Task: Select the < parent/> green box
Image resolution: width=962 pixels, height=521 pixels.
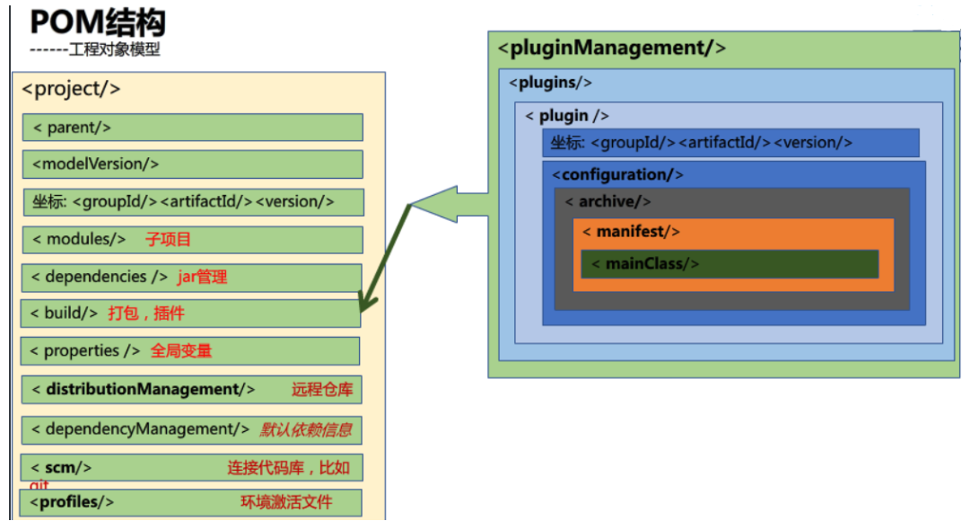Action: coord(192,128)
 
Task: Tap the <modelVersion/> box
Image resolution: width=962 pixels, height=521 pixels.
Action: coord(192,164)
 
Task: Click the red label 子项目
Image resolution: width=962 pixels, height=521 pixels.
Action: coord(169,239)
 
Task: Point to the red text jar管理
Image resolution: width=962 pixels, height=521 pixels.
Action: coord(202,278)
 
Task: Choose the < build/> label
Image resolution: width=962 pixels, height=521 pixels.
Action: coord(64,313)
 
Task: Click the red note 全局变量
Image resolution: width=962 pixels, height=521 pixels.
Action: coord(181,350)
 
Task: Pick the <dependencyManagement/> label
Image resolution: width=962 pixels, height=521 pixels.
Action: coord(140,429)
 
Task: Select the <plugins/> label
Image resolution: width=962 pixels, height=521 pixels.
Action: coord(550,83)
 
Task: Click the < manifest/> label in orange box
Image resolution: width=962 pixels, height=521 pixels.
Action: coord(631,232)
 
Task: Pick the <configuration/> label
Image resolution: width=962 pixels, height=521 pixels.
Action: coord(617,174)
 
